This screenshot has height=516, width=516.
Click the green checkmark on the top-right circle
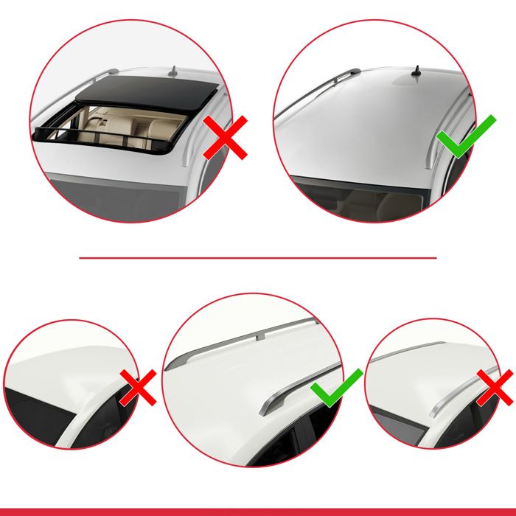click(x=460, y=137)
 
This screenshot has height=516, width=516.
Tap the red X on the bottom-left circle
click(x=138, y=387)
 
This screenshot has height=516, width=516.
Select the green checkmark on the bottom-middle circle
click(x=336, y=388)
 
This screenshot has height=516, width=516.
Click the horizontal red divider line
click(x=258, y=258)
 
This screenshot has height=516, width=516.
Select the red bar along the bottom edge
click(x=258, y=512)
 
